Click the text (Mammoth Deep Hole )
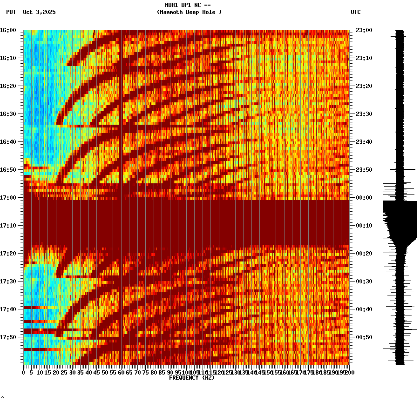click(189, 12)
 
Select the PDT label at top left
click(11, 12)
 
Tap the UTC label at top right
click(355, 12)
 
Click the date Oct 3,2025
click(39, 12)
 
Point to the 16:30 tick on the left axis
click(8, 114)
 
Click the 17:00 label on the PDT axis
click(8, 198)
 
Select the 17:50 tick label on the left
click(8, 337)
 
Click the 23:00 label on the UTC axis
click(363, 30)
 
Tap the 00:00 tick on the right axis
click(363, 198)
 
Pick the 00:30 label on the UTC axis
click(363, 281)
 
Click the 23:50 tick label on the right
click(363, 170)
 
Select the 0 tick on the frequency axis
click(24, 373)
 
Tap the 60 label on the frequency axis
click(121, 373)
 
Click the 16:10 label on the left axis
click(8, 58)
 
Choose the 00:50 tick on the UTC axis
click(363, 337)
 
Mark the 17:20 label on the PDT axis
click(8, 254)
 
